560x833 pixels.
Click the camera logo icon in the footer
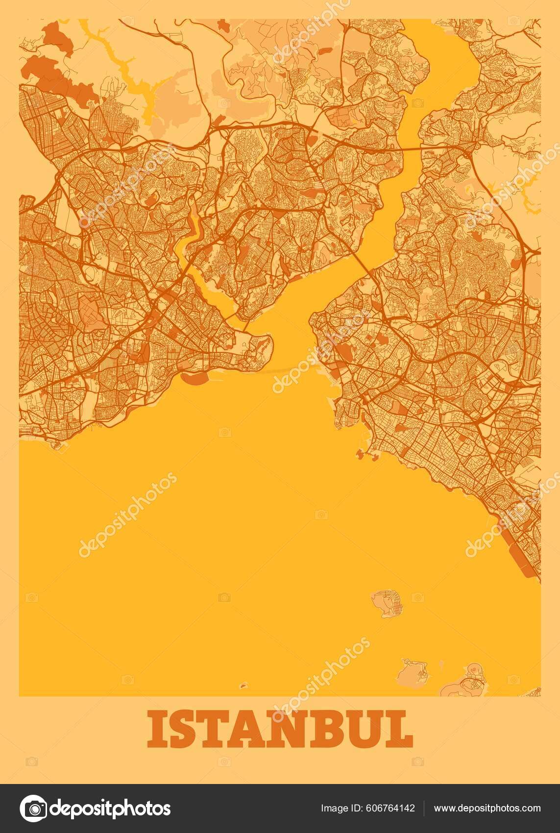(32, 808)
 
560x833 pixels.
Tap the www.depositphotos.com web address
(487, 808)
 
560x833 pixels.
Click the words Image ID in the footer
(339, 808)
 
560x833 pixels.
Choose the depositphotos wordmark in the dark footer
(111, 808)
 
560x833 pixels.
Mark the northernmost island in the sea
(388, 603)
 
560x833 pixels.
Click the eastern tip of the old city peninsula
(271, 338)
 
